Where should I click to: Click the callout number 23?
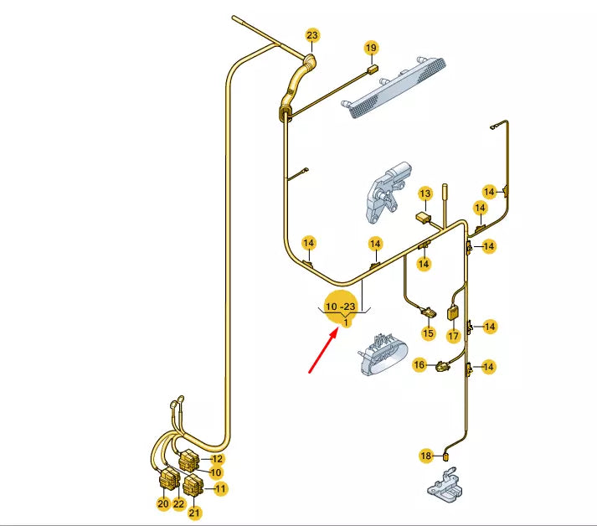pos(312,35)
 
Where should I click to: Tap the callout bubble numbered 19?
pos(371,47)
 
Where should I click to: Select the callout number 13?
pos(425,193)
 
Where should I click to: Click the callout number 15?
pos(428,333)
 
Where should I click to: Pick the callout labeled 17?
pos(453,336)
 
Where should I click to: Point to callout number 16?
pos(419,364)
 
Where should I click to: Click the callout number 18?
pos(426,456)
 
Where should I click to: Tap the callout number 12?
pos(218,458)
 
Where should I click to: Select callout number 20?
pos(162,503)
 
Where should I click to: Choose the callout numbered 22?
pos(178,503)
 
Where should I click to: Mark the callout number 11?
pos(221,487)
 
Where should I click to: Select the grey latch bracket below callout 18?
pos(444,487)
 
